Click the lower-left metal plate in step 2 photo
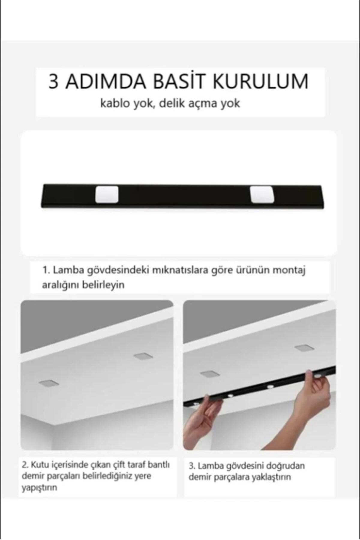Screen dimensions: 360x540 tap(49, 383)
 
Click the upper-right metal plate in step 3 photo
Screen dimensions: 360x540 tap(304, 348)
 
